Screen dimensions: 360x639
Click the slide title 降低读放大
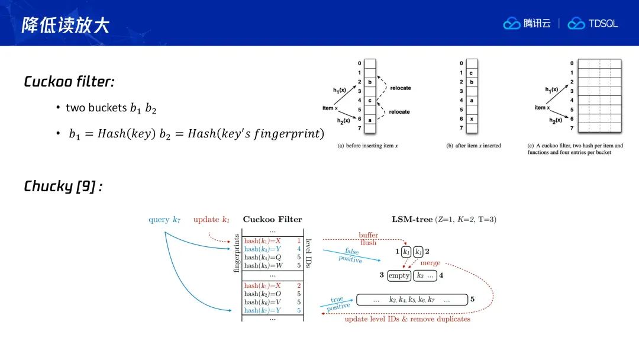65,25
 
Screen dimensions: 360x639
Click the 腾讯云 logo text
537,24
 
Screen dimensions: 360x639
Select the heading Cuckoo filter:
68,82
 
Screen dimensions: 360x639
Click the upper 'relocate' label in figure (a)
401,88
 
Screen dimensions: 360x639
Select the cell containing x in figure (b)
472,118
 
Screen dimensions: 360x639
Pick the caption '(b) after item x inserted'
473,146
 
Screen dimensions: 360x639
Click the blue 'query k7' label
164,220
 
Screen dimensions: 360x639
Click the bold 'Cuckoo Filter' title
272,220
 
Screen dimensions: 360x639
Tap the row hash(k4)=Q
263,257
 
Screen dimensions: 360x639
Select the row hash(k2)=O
263,294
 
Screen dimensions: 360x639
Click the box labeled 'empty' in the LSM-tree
399,275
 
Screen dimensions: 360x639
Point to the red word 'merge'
431,263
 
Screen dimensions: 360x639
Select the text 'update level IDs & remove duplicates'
407,319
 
